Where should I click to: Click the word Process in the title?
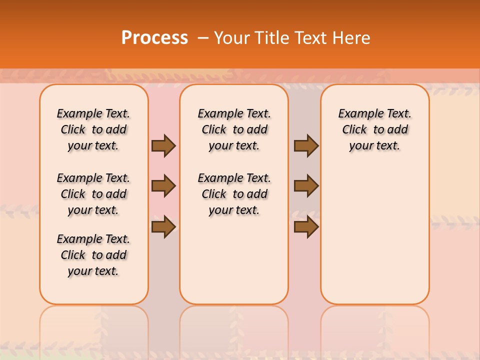(154, 37)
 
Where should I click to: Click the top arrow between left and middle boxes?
(163, 145)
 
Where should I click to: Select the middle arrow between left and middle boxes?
(163, 186)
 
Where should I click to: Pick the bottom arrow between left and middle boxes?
(163, 227)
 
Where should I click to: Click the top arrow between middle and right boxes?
(306, 145)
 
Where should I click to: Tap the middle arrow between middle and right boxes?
(306, 186)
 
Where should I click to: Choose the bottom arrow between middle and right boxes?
(306, 227)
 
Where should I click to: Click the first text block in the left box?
(93, 129)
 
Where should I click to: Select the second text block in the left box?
(93, 194)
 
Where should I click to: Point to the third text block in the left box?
(93, 255)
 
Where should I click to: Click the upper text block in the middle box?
(234, 129)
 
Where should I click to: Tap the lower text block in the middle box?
(234, 194)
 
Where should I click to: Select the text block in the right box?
(374, 129)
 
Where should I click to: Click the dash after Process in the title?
(203, 37)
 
